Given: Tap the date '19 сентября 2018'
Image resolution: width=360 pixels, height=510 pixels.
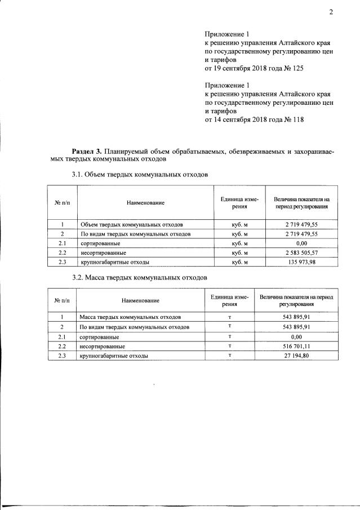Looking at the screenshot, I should click(x=243, y=69).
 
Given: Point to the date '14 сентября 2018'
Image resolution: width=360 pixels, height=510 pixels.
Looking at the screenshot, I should click(x=243, y=119).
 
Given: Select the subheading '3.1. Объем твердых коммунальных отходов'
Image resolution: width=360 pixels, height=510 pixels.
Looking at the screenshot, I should click(x=140, y=175).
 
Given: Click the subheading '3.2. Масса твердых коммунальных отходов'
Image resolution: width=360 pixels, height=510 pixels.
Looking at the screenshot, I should click(x=140, y=278).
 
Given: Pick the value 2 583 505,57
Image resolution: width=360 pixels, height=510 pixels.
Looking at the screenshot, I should click(x=301, y=253).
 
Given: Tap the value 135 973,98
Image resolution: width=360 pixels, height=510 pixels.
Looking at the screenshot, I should click(x=301, y=262).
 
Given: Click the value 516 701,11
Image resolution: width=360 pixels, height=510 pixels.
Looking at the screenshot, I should click(x=297, y=347).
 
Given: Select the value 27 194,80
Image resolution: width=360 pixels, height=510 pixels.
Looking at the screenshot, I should click(x=297, y=356).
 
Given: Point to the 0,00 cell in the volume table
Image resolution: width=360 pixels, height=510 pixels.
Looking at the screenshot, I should click(x=301, y=243).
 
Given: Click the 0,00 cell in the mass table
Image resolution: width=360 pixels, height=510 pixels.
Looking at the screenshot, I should click(x=297, y=336).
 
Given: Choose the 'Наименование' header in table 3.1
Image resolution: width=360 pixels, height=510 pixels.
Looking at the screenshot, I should click(x=145, y=202).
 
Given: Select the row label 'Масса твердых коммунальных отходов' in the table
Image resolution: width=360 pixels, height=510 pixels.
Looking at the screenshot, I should click(x=130, y=317).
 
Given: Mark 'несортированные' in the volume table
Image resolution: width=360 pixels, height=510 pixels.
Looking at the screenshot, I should click(x=103, y=253).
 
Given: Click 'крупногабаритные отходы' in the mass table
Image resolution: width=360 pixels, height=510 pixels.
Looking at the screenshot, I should click(x=114, y=356).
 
